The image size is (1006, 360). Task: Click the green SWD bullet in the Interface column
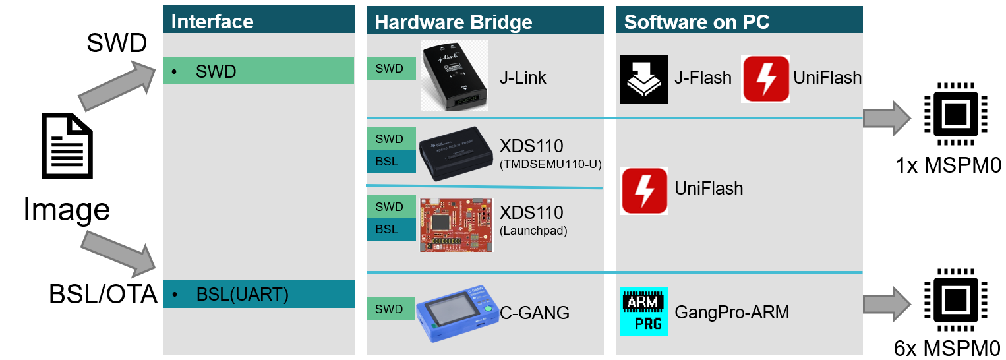click(x=258, y=71)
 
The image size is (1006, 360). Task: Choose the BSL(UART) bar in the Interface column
click(x=258, y=294)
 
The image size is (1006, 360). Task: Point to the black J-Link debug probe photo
click(x=454, y=76)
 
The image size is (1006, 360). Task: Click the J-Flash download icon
click(x=644, y=79)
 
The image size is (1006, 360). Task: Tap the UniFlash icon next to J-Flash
click(x=766, y=79)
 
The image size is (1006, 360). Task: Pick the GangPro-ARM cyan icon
click(x=644, y=311)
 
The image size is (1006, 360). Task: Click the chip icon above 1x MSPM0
click(x=950, y=115)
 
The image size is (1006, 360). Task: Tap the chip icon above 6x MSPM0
click(x=950, y=303)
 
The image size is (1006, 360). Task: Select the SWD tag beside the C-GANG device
click(x=391, y=308)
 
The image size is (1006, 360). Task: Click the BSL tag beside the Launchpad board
click(x=391, y=229)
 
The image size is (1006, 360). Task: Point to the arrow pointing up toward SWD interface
click(x=116, y=84)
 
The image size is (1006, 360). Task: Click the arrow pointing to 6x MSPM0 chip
click(x=887, y=304)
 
